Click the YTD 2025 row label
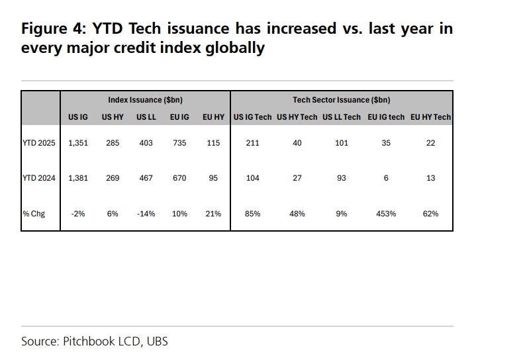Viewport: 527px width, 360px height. [x=39, y=143]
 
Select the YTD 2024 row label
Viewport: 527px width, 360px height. [x=39, y=178]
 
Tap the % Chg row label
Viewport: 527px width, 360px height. [x=34, y=213]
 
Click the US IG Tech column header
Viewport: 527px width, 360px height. [x=252, y=117]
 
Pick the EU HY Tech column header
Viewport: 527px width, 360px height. [x=430, y=117]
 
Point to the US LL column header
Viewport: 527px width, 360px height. [x=146, y=117]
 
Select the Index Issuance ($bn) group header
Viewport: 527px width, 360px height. [x=146, y=100]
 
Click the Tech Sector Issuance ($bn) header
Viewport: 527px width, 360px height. [x=342, y=100]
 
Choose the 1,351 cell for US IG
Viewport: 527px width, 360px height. [x=79, y=143]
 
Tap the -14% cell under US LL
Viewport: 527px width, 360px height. [x=146, y=213]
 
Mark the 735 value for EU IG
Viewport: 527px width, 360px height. [x=179, y=143]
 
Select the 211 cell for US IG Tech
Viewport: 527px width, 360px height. [x=252, y=143]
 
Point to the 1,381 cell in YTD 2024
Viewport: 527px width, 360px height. [x=79, y=178]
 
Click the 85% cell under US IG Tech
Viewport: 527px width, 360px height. [x=252, y=213]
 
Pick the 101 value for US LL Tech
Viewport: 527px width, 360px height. [x=342, y=143]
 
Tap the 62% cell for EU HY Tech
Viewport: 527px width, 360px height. [x=430, y=213]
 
